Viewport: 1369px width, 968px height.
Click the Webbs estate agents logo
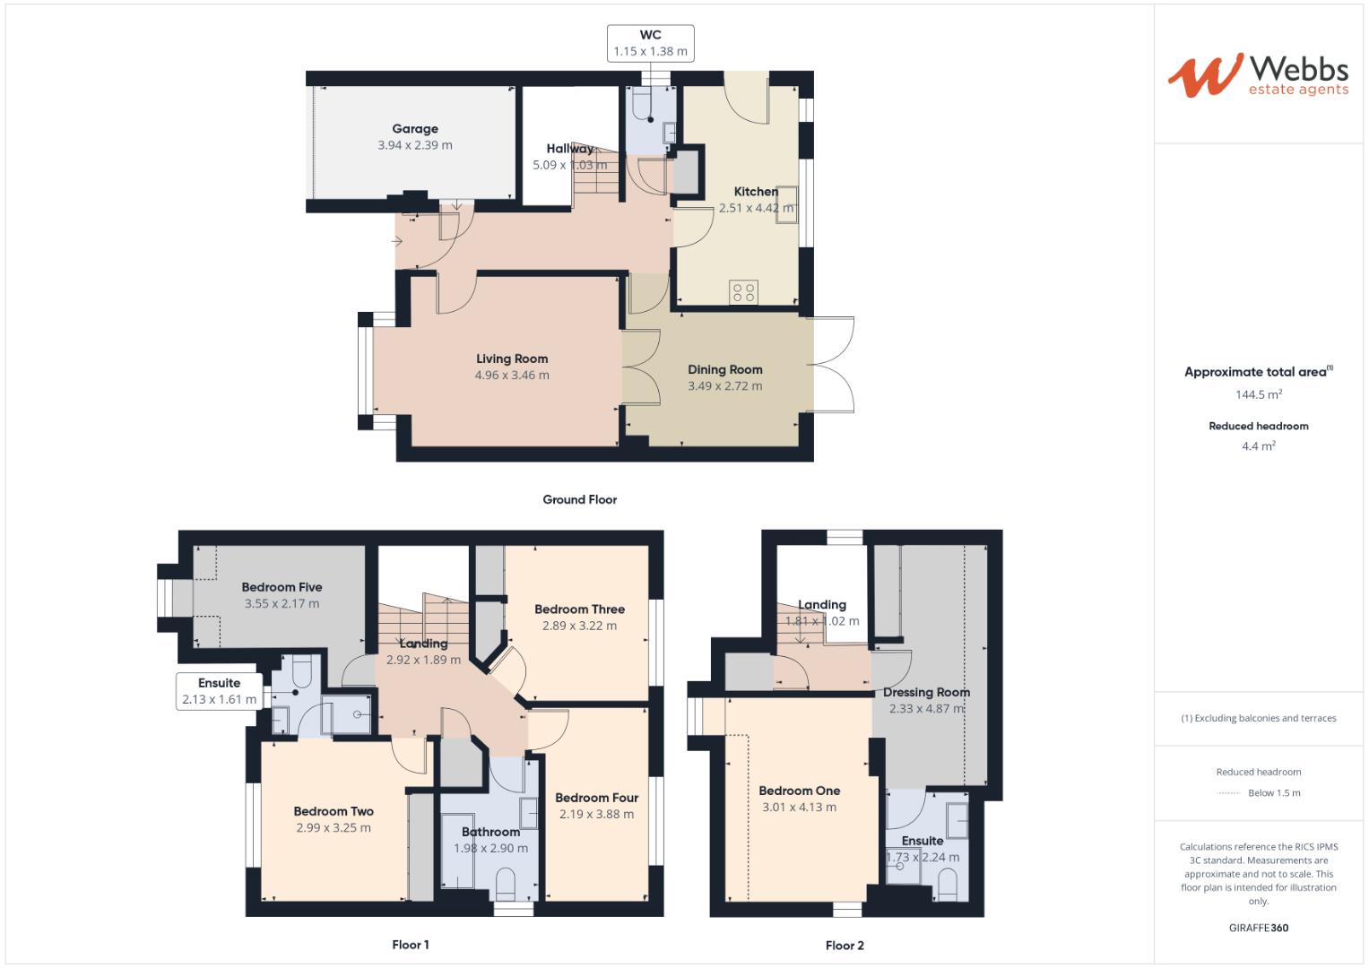[x=1257, y=75]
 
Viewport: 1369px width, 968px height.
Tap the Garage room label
[x=415, y=129]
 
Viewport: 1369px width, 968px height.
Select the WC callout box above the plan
[x=651, y=43]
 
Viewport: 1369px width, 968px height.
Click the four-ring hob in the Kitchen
[x=743, y=291]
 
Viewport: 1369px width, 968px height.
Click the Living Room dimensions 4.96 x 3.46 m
[x=512, y=376]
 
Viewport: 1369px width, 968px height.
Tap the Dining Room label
[x=724, y=369]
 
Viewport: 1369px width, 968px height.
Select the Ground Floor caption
[x=579, y=500]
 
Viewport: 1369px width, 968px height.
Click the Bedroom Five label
[x=282, y=587]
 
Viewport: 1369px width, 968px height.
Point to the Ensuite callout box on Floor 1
[x=219, y=691]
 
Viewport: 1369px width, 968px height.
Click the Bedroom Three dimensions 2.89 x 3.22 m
[x=579, y=626]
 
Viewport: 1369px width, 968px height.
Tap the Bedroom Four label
[x=596, y=798]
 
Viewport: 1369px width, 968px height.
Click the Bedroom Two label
[x=334, y=811]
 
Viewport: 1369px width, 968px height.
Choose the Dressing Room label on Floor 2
[x=926, y=692]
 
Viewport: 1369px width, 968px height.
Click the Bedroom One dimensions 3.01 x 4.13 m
[x=799, y=807]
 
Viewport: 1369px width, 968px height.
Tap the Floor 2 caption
[x=845, y=946]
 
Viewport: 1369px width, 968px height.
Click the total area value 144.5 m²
[x=1258, y=394]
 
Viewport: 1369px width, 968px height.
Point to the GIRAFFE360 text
[x=1258, y=928]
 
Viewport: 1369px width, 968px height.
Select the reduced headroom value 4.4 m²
[x=1258, y=445]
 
